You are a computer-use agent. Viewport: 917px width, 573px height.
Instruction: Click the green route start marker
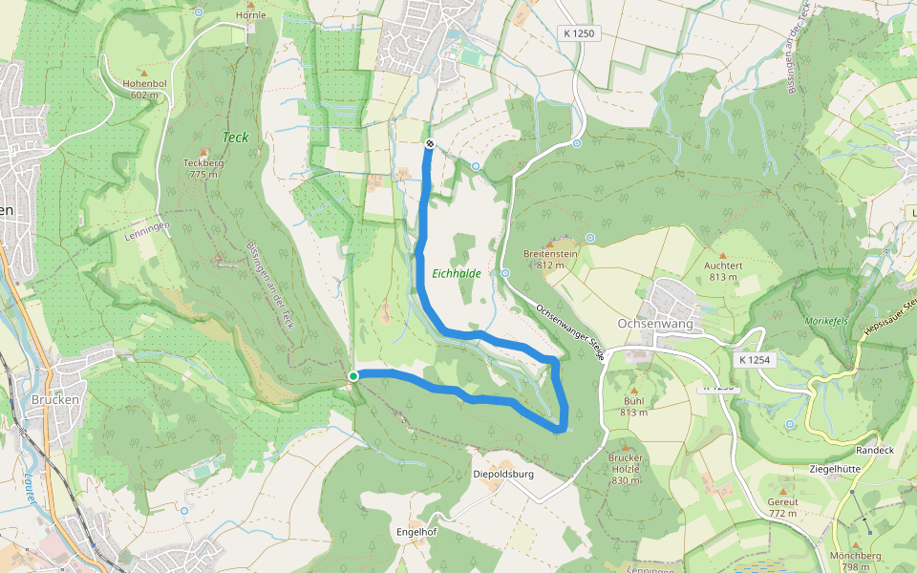click(353, 376)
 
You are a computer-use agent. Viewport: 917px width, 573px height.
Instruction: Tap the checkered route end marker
click(429, 144)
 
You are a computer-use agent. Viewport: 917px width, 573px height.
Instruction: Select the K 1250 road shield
click(579, 33)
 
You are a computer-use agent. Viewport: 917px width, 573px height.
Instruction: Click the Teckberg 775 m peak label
click(203, 168)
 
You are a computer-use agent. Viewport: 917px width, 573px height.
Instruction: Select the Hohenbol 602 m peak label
click(143, 89)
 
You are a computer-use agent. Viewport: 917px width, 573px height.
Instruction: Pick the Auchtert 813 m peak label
click(723, 271)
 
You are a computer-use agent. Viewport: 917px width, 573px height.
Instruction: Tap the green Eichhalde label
click(454, 273)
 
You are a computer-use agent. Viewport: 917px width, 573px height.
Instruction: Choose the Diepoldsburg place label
click(502, 474)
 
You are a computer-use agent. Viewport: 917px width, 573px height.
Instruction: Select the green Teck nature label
click(235, 138)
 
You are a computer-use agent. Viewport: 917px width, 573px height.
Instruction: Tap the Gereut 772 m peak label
click(781, 507)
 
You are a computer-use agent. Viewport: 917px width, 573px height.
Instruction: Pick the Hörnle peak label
click(251, 16)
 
